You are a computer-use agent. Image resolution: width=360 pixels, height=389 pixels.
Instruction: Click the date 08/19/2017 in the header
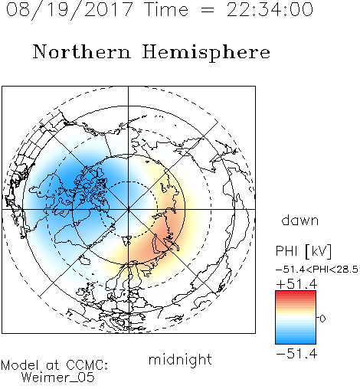(x=70, y=10)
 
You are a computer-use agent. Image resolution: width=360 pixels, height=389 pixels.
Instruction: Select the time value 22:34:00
(x=270, y=9)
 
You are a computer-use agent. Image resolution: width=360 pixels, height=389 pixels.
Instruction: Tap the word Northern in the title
(x=82, y=51)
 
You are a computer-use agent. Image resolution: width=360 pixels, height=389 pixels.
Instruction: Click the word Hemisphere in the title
(x=206, y=53)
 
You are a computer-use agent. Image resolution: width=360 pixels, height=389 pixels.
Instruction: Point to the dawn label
(x=300, y=220)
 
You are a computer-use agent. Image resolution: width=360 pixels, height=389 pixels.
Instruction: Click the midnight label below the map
(x=180, y=359)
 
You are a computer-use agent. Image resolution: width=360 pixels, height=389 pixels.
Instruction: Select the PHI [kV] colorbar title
(x=303, y=251)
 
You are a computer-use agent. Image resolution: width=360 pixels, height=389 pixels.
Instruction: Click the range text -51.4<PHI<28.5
(x=317, y=270)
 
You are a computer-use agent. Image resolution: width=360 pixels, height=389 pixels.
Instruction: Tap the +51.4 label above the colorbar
(x=296, y=284)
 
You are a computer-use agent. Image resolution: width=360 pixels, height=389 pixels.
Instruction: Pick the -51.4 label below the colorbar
(x=296, y=354)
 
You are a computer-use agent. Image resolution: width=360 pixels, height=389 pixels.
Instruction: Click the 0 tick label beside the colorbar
(x=322, y=319)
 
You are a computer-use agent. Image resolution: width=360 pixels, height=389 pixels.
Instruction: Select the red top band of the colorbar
(x=296, y=293)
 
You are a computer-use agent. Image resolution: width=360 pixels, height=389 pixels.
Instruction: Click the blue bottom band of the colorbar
(x=296, y=341)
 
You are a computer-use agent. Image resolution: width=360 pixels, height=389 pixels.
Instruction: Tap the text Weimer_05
(x=57, y=378)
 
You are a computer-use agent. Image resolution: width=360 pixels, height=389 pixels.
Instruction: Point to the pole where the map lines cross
(x=129, y=209)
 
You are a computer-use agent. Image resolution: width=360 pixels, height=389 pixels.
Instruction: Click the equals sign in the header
(x=207, y=10)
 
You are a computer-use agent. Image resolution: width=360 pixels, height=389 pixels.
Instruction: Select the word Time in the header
(x=166, y=9)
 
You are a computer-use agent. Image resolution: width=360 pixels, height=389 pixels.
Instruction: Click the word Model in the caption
(x=20, y=365)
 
